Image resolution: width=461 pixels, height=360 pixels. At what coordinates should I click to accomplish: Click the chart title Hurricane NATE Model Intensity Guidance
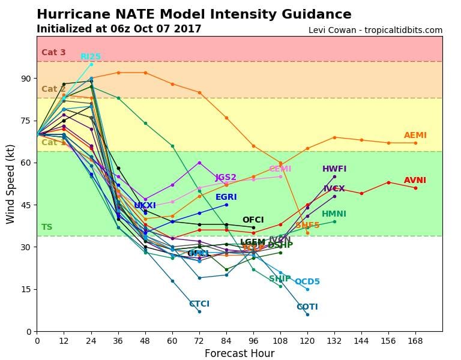tap(194, 14)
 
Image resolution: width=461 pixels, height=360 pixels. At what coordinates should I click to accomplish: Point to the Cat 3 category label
tap(53, 53)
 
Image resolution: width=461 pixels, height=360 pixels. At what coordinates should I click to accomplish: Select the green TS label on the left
tap(47, 227)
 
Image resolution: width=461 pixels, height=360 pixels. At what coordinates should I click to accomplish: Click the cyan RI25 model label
tap(91, 57)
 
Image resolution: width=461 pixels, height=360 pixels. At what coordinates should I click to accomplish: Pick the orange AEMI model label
tap(415, 136)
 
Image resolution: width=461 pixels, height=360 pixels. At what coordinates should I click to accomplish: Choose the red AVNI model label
tap(415, 180)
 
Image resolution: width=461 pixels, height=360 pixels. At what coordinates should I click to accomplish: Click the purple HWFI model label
tap(334, 169)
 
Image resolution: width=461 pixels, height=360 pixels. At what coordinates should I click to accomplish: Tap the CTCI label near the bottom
tap(199, 304)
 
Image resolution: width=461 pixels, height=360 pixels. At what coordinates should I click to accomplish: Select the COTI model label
tap(307, 307)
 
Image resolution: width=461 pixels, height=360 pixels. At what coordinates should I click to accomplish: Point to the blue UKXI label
tap(145, 206)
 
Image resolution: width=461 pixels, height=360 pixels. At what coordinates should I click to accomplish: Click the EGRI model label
tap(226, 197)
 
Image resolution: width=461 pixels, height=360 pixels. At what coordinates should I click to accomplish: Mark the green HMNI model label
tap(334, 214)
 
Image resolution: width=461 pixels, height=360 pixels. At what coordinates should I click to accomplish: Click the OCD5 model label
tap(307, 282)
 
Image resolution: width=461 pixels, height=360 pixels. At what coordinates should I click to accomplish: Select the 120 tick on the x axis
tap(307, 341)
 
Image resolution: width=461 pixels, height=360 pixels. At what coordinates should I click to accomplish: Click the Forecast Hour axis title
tap(239, 353)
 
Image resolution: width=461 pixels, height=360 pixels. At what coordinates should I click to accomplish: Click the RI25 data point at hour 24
tap(91, 64)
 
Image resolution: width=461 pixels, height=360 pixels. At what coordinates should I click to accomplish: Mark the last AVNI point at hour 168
tap(415, 188)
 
